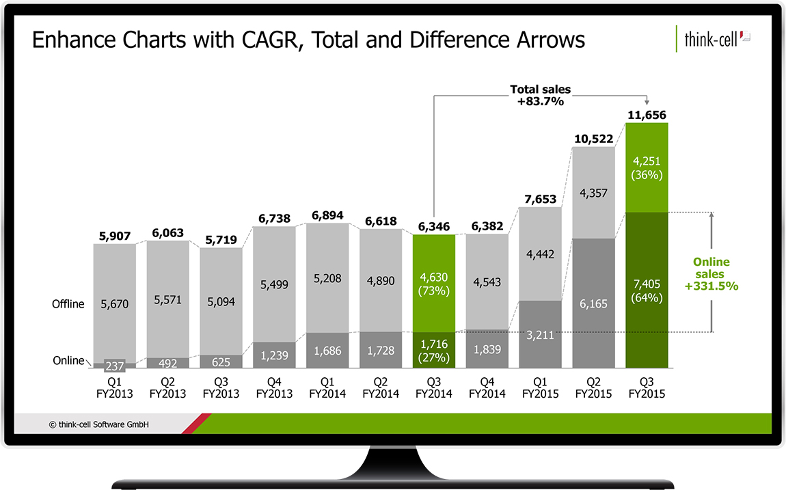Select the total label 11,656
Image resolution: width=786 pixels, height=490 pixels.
pos(646,115)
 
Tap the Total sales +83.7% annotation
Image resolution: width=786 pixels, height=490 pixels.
pos(540,95)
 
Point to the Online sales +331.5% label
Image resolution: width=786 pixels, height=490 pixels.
pos(711,274)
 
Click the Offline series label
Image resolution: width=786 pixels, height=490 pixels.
pos(68,304)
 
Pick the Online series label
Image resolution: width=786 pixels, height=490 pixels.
pos(68,360)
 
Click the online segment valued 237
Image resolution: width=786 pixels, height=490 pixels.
pos(114,365)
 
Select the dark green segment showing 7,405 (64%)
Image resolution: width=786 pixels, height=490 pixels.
pos(646,290)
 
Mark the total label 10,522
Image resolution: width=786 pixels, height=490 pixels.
pos(593,139)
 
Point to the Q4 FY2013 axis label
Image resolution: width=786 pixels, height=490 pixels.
pos(274,388)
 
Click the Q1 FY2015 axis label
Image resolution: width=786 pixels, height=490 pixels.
pos(540,388)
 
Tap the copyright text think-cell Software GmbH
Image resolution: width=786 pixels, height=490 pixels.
pos(99,424)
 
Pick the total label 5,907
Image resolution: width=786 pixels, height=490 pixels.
pos(114,236)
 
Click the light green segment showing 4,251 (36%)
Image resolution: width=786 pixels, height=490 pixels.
pos(646,167)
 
